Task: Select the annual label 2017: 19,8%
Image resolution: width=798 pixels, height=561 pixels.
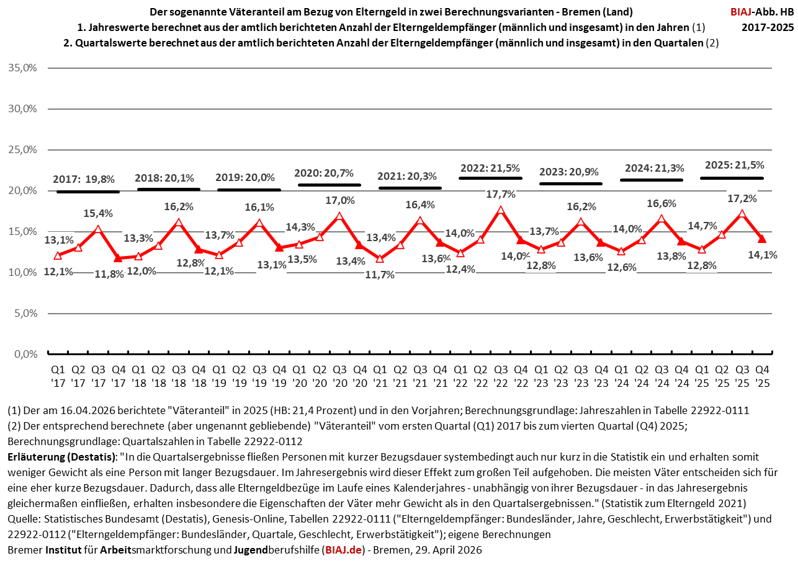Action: click(84, 179)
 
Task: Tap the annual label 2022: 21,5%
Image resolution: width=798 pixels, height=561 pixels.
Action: click(490, 168)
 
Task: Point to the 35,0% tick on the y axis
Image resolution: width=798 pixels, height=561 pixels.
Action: click(24, 68)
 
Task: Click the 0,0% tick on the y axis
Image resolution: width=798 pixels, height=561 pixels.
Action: click(25, 355)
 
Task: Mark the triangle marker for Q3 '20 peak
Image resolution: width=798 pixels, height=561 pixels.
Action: click(339, 216)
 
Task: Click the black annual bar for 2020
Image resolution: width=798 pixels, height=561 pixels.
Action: click(329, 185)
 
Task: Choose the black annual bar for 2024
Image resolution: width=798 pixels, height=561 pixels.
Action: click(652, 180)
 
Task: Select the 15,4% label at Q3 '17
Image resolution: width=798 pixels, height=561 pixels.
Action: click(98, 213)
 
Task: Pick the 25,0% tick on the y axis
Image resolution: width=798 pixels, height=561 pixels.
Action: click(24, 149)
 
